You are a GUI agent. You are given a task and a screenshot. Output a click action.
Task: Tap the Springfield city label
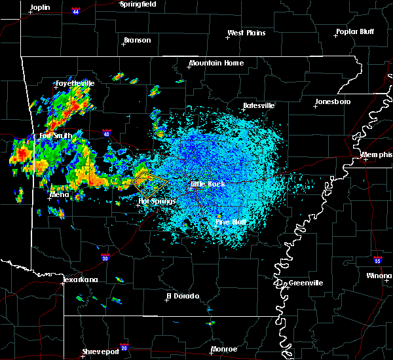138,4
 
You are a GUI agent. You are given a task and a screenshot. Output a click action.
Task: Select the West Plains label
248,33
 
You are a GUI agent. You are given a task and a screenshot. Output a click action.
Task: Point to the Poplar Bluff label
354,31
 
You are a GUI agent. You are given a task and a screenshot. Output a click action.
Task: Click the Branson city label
137,40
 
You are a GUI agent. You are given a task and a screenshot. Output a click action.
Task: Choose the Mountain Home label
216,63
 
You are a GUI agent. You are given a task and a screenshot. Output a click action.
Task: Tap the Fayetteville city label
75,83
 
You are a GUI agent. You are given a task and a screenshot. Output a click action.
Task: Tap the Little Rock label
208,185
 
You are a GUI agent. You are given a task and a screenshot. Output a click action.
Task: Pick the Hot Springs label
157,201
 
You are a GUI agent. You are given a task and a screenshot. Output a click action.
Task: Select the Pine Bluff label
231,223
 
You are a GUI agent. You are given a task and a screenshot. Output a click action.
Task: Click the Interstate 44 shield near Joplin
77,11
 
